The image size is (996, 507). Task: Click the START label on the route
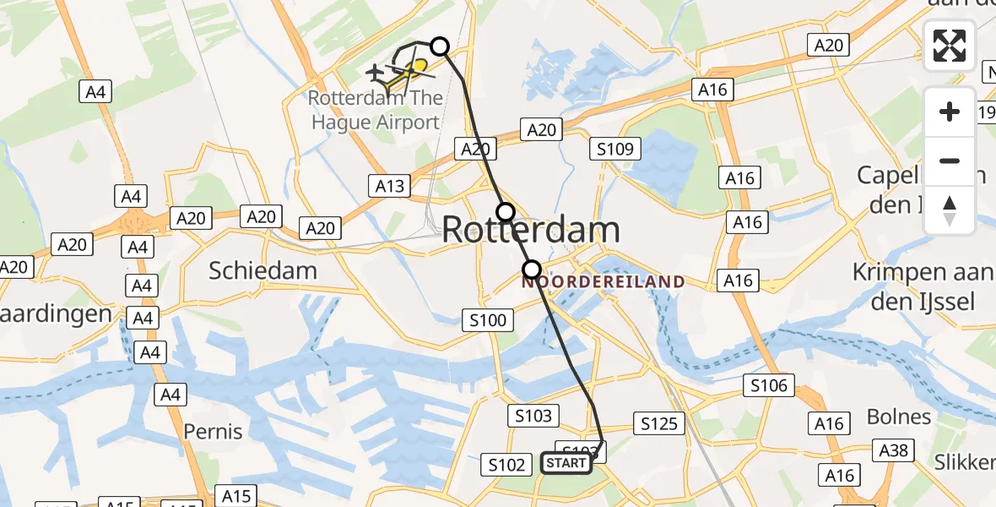566,463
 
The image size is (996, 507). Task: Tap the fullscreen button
950,46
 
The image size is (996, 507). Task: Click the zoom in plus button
950,112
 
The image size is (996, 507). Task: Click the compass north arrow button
950,210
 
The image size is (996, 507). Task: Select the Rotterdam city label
530,230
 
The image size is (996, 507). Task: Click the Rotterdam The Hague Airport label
375,110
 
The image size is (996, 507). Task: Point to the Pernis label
214,431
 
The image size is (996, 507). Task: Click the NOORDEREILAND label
603,281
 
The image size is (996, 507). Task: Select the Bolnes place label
899,417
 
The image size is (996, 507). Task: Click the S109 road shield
615,150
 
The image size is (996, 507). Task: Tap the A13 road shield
390,186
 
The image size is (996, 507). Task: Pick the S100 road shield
487,319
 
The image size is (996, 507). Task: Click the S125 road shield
659,423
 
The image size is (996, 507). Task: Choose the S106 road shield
769,386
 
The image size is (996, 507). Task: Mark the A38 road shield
893,450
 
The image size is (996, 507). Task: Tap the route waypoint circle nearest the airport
440,46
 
